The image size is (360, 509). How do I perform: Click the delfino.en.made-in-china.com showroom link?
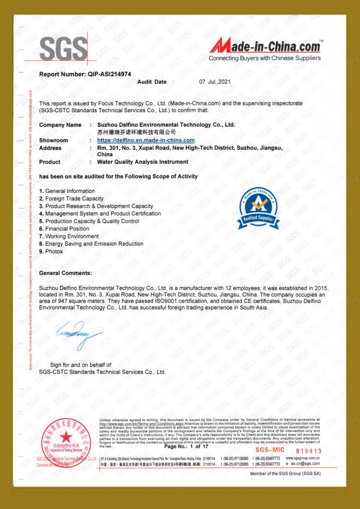point(146,140)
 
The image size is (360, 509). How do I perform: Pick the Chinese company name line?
point(137,131)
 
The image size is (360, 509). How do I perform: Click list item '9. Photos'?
point(51,251)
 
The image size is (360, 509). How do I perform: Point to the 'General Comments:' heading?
point(66,273)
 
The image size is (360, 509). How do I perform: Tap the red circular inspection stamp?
point(67,442)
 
